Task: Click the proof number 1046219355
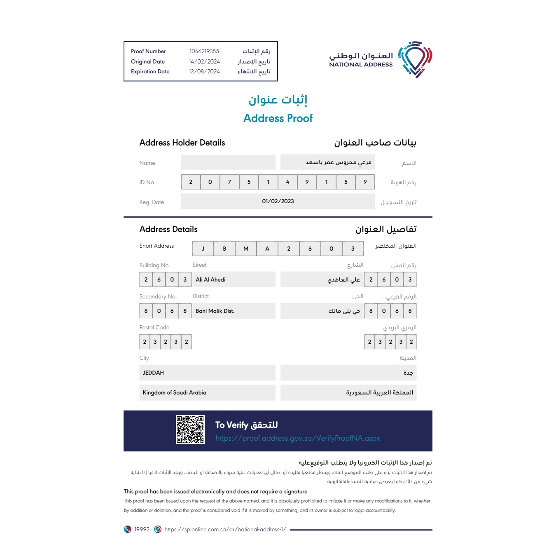[x=204, y=52]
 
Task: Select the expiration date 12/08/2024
[x=204, y=72]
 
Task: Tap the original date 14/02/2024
[x=204, y=62]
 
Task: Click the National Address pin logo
[x=416, y=59]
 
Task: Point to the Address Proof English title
[x=278, y=118]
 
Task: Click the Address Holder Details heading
[x=182, y=143]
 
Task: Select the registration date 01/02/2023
[x=278, y=202]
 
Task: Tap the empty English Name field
[x=228, y=162]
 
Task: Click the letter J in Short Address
[x=203, y=249]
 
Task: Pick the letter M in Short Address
[x=246, y=249]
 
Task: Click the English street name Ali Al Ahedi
[x=210, y=279]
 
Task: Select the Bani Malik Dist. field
[x=215, y=311]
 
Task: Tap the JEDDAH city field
[x=153, y=373]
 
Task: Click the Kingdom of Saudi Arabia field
[x=174, y=392]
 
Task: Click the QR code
[x=190, y=430]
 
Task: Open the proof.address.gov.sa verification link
[x=298, y=438]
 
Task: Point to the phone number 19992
[x=142, y=530]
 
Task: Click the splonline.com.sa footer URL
[x=225, y=530]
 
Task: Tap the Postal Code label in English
[x=154, y=328]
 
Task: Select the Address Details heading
[x=168, y=230]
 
